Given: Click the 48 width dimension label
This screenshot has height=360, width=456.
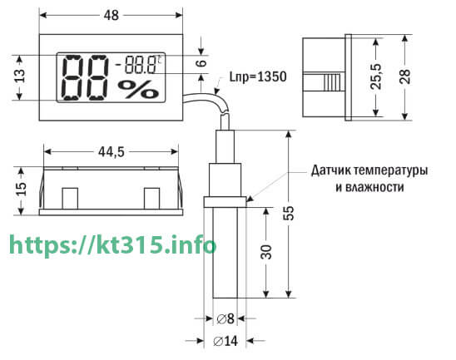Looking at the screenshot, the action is pos(112,16).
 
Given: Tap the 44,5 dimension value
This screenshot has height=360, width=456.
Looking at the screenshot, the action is pos(112,152).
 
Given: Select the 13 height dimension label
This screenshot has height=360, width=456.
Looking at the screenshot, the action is pos(20,76).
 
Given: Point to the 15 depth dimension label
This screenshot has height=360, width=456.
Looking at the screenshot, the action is pos(22,189).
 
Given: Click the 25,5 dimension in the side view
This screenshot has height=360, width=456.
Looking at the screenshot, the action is pos(376,76).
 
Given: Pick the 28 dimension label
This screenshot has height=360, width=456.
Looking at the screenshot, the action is pos(404,76).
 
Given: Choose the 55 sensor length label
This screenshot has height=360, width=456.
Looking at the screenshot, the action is pos(289,213).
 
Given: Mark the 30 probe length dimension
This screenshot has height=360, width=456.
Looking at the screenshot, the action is pos(265,252).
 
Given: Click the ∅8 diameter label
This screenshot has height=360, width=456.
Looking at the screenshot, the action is pos(226,318).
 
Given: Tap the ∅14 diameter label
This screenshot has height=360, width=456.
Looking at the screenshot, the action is pos(226,341).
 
